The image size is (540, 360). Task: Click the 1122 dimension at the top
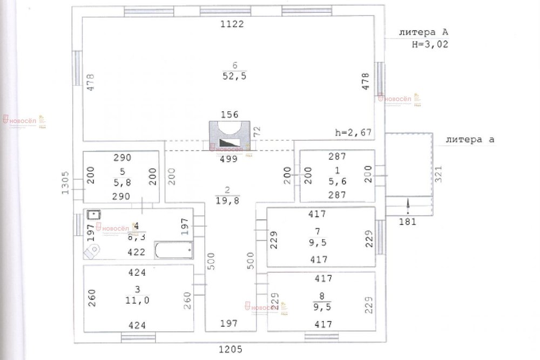point(232,24)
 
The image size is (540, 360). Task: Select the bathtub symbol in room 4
point(174,249)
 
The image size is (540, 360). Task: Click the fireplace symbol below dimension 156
point(230,135)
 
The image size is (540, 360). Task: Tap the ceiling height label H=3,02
point(430,45)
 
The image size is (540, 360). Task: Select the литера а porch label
point(469,139)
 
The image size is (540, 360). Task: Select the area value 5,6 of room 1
point(337,182)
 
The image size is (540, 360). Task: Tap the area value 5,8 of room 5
point(123,182)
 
